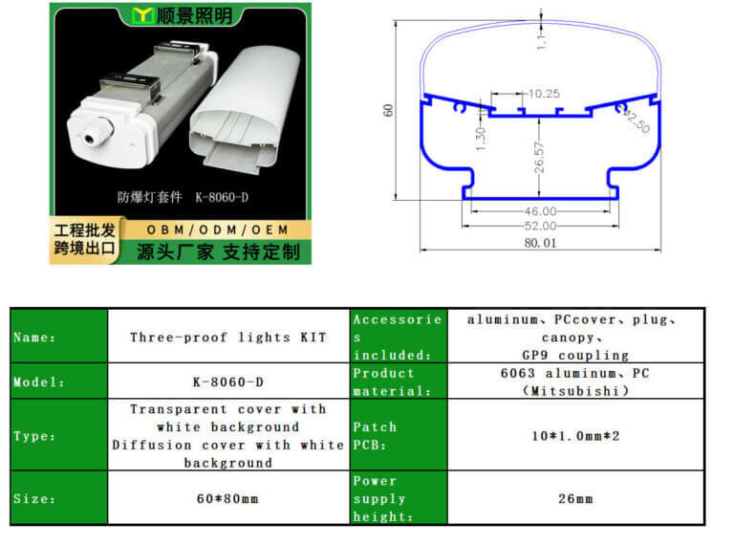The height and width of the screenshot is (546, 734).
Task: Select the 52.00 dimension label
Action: coord(539,226)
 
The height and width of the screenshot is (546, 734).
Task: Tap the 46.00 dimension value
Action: coord(539,210)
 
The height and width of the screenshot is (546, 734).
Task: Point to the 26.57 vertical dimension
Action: coord(538,158)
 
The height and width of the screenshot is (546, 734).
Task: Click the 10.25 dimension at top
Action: coord(542,94)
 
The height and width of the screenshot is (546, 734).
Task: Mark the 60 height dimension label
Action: coord(388,110)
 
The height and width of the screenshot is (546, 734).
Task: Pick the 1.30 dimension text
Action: coord(481,138)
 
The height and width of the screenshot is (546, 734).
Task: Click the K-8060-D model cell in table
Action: coord(227,382)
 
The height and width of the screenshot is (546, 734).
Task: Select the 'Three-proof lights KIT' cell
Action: coord(227,337)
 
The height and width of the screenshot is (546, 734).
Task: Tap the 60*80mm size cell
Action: coord(227,498)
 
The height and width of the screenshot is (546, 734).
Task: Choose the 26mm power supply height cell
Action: coord(575,498)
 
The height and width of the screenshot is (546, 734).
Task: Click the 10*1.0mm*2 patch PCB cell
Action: coord(575,436)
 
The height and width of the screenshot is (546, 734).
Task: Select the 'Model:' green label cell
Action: coord(38,382)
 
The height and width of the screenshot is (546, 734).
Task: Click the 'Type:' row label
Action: coord(34,436)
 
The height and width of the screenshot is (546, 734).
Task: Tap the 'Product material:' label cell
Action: coord(384,382)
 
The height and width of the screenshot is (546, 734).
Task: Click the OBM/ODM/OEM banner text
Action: coord(217,230)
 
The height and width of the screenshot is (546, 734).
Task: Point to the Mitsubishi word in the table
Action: coord(575,391)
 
